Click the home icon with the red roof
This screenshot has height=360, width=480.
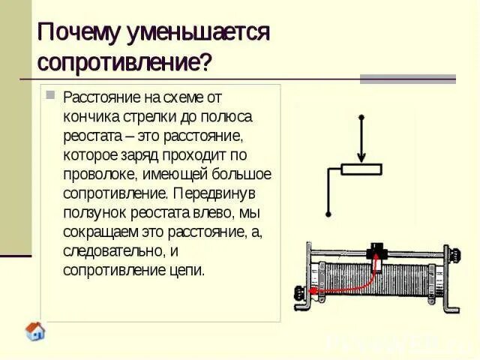pos(35,331)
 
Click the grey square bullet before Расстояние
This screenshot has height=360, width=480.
pos(50,95)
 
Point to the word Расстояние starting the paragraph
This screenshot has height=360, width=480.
pos(99,97)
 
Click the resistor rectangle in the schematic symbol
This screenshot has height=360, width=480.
pos(361,169)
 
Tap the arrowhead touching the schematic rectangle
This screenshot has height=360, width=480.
pos(361,158)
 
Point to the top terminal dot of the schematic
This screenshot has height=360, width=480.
pos(361,118)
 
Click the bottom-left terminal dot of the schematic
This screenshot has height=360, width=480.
pos(327,215)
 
